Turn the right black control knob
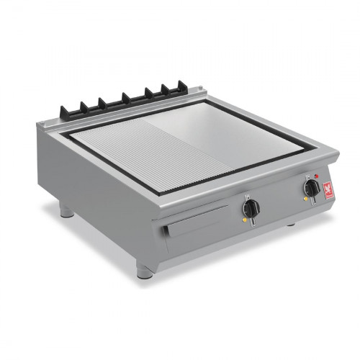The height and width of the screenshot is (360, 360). [312, 188]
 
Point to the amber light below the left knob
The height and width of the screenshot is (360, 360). [245, 221]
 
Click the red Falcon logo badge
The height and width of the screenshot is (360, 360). [329, 190]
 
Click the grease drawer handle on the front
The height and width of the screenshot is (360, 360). [194, 228]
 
